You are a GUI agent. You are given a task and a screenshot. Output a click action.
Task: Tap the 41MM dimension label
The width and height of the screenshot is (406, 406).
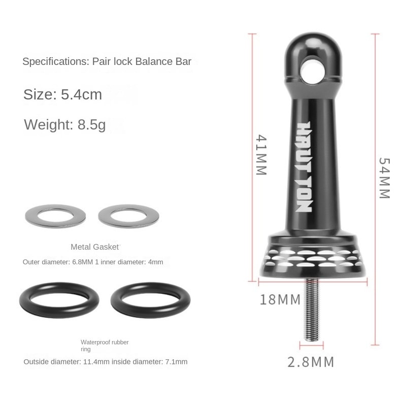pos(260,155)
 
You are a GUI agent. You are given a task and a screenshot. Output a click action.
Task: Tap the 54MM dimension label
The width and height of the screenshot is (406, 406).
pos(384,178)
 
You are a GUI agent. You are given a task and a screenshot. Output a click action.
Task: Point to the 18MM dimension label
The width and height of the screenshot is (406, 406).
pos(280,299)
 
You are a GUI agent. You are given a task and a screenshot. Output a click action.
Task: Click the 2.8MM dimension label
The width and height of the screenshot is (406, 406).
pos(311,362)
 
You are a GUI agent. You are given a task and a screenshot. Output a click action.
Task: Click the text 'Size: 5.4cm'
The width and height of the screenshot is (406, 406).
pos(63,94)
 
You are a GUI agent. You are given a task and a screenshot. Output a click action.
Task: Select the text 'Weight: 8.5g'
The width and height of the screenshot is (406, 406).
pos(65,124)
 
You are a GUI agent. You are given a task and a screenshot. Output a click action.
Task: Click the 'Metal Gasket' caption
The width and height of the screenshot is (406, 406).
pos(95,247)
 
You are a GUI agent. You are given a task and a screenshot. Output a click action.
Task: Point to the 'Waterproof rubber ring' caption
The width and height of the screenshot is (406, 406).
pos(105,346)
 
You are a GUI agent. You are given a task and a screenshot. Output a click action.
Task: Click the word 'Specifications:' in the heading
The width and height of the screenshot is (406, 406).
pos(55,62)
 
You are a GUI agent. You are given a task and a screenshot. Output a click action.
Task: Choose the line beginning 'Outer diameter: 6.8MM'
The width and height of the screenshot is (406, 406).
pos(93,262)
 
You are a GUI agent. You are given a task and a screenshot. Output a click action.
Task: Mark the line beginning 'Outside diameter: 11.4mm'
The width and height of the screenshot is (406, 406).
pos(106,362)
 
